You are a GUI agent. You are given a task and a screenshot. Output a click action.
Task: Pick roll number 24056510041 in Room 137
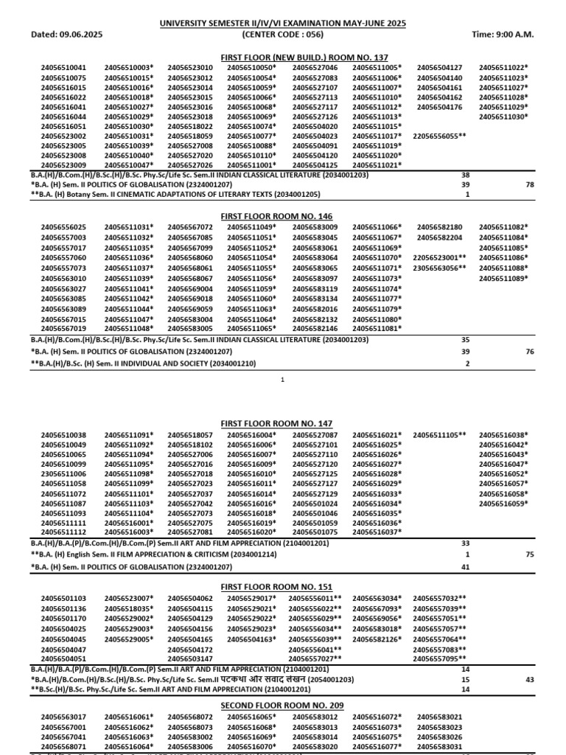[x=63, y=68]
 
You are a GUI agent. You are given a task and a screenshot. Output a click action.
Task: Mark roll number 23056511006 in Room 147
[x=63, y=473]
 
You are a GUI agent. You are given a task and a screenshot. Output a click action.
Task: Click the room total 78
[x=529, y=185]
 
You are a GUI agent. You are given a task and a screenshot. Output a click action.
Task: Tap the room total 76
[x=529, y=352]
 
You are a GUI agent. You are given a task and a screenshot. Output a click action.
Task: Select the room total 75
[x=529, y=554]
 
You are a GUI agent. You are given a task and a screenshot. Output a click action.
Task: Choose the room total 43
[x=529, y=679]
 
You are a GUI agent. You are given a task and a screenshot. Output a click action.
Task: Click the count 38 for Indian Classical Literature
[x=465, y=175]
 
